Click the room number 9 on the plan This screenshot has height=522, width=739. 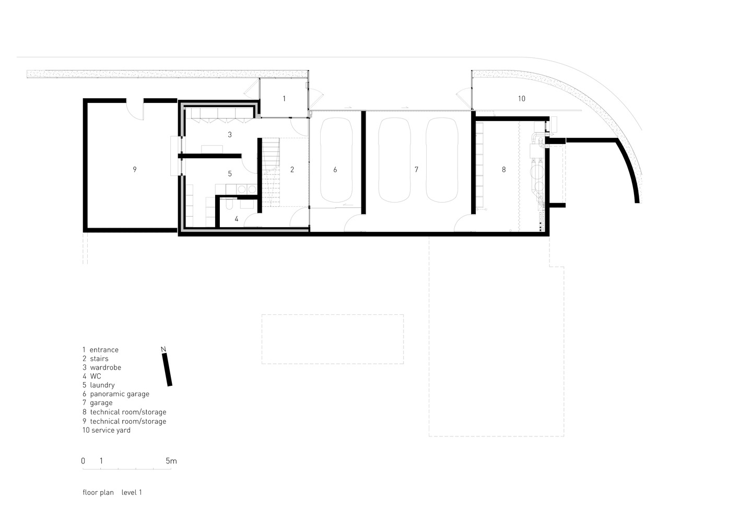135,170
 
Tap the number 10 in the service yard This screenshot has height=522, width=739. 522,99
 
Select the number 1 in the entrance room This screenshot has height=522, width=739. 284,99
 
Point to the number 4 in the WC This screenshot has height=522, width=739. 237,219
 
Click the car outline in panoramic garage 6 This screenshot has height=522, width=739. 336,160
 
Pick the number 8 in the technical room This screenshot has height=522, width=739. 504,170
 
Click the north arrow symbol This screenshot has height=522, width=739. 167,370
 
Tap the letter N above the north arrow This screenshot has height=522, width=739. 163,349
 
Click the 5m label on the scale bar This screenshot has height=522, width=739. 171,461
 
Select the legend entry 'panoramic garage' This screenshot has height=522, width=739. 120,394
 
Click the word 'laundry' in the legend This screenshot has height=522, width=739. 102,385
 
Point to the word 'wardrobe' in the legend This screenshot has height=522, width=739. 105,367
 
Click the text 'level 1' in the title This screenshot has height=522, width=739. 132,492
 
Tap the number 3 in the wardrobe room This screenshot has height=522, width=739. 230,135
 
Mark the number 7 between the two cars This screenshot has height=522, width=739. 416,170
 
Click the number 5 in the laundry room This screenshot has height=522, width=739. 230,174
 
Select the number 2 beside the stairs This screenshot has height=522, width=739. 292,170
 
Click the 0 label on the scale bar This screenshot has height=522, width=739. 83,461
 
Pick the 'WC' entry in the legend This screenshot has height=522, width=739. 96,376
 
